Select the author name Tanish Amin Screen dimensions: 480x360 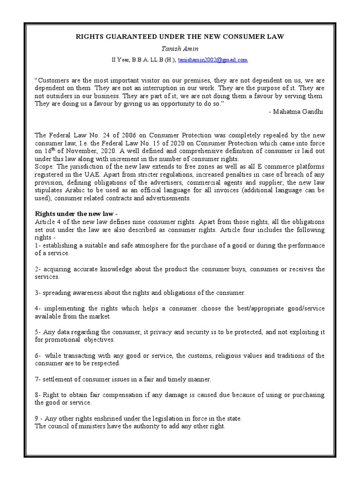pyautogui.click(x=180, y=48)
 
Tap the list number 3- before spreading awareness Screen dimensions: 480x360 pyautogui.click(x=37, y=292)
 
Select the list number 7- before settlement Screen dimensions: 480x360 pyautogui.click(x=37, y=379)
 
